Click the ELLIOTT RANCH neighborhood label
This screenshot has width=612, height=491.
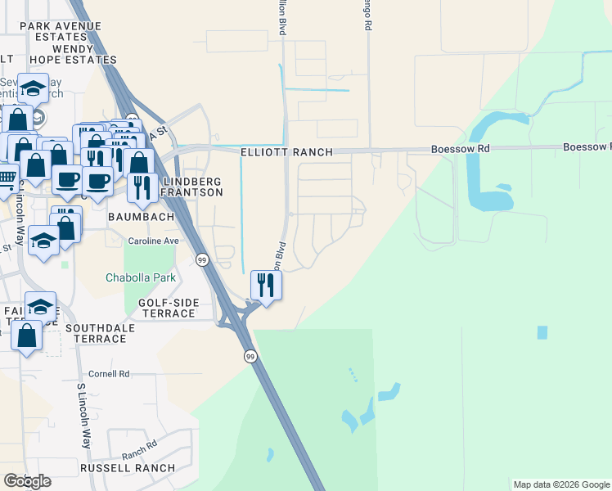(x=287, y=152)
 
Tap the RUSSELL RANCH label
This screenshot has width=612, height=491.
(x=127, y=468)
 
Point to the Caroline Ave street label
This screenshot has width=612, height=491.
(x=153, y=241)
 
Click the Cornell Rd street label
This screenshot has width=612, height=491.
(x=109, y=374)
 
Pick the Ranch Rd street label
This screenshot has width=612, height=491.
(x=139, y=449)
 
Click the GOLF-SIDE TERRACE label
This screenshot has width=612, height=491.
(x=168, y=309)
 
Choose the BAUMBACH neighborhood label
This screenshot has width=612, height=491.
(x=142, y=218)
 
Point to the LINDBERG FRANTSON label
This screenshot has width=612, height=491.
(x=193, y=187)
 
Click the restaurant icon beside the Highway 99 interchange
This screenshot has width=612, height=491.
(x=265, y=286)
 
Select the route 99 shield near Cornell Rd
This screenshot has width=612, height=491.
(x=250, y=357)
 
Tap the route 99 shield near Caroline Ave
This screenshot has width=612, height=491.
(x=202, y=259)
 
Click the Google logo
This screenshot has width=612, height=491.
(x=27, y=481)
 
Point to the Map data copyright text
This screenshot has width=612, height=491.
(x=560, y=484)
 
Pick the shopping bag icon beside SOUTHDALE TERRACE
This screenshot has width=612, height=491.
(x=27, y=336)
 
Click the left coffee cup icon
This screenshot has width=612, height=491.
(x=67, y=179)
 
